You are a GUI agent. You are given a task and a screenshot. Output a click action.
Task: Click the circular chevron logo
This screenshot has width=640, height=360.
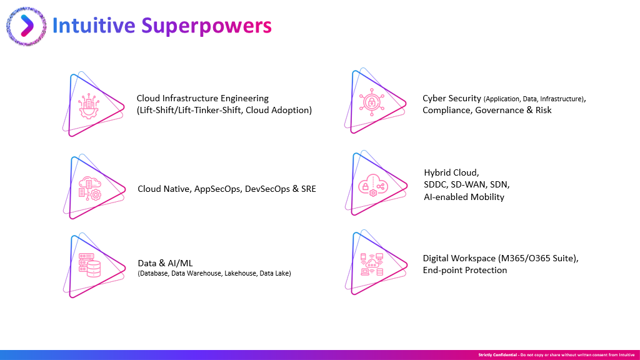[x=26, y=26]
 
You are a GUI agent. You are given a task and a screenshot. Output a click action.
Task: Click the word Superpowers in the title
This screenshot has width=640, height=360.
[x=206, y=26]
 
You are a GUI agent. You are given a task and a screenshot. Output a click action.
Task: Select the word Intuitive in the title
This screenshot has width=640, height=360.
[x=94, y=25]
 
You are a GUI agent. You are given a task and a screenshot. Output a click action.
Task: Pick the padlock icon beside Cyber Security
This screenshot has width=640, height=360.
[x=371, y=102]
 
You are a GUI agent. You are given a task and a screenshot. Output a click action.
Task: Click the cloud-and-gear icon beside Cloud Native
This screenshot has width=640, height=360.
[x=90, y=188]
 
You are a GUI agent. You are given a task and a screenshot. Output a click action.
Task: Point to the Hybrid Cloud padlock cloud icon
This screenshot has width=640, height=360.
[x=372, y=185]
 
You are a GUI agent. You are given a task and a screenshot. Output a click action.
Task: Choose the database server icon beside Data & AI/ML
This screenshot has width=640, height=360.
[x=89, y=265]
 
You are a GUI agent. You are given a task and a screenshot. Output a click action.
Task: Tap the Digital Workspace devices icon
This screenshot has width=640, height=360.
[x=372, y=264]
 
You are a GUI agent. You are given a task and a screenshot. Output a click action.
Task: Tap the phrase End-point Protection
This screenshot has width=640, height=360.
[x=465, y=270]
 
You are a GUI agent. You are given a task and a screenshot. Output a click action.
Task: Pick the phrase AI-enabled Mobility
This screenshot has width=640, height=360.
[x=464, y=197]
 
